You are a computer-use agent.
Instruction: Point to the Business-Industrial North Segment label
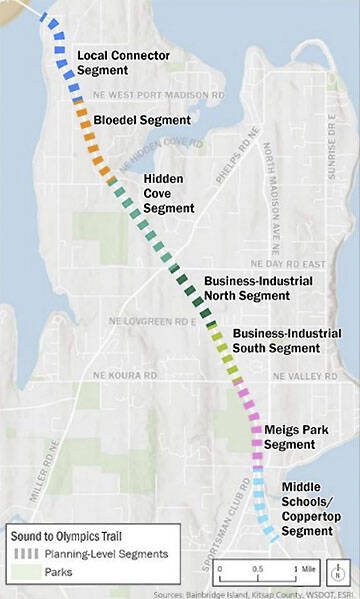click(258, 289)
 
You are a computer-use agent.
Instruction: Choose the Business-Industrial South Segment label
click(276, 341)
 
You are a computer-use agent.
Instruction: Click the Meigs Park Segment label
click(292, 437)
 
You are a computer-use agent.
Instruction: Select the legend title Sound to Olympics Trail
click(68, 536)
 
